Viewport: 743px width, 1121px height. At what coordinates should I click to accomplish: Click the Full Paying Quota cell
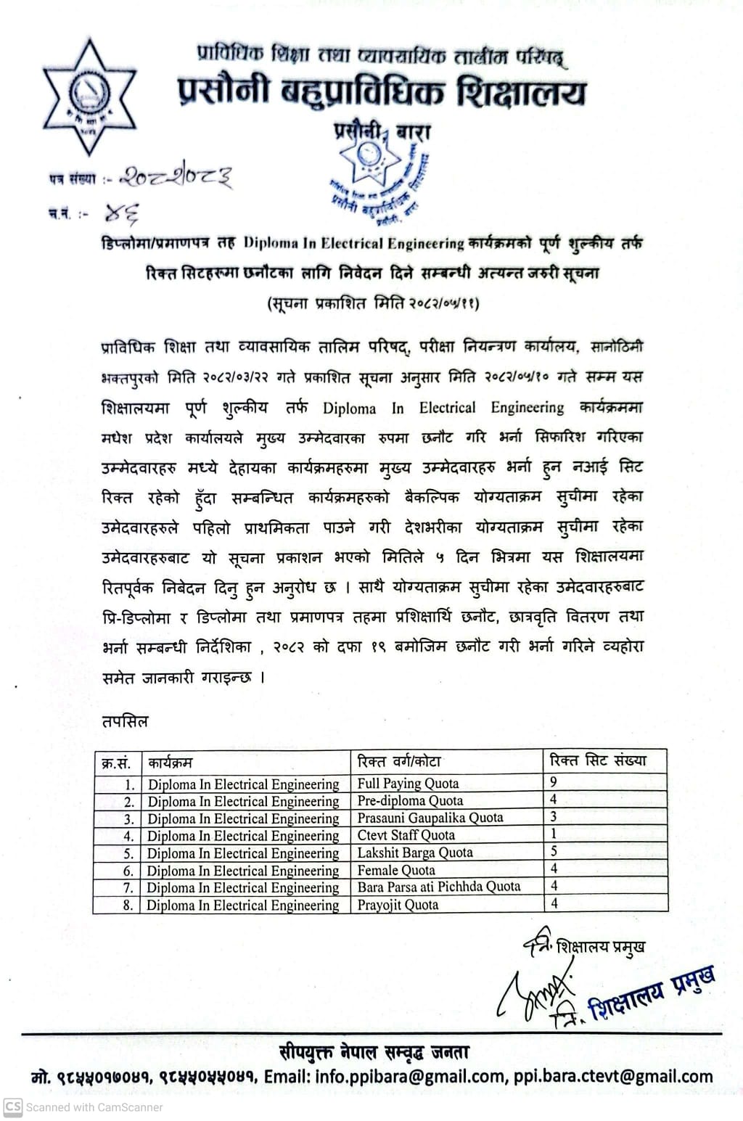[x=408, y=783]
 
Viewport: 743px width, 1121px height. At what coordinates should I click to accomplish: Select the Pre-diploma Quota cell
[x=410, y=800]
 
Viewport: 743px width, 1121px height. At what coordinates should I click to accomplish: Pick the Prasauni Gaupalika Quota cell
[x=430, y=818]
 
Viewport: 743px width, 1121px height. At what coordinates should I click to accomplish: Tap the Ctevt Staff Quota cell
[x=406, y=835]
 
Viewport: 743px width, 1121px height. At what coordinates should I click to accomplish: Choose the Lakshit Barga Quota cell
[x=414, y=853]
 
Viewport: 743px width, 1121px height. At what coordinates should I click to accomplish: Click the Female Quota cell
[x=396, y=870]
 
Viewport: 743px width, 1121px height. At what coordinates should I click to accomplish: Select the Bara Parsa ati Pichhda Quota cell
[x=438, y=887]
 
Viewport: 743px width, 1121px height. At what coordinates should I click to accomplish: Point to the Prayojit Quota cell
[x=398, y=905]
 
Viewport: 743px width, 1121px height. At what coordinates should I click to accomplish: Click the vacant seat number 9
[x=554, y=782]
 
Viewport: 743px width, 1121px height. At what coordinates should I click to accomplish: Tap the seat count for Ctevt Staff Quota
[x=554, y=834]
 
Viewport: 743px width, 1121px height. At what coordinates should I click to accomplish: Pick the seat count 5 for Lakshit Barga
[x=554, y=852]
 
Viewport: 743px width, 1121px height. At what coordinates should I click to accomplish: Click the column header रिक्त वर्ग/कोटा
[x=399, y=761]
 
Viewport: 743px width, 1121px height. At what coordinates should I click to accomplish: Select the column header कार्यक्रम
[x=171, y=763]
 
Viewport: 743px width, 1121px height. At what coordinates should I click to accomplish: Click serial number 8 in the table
[x=128, y=906]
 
